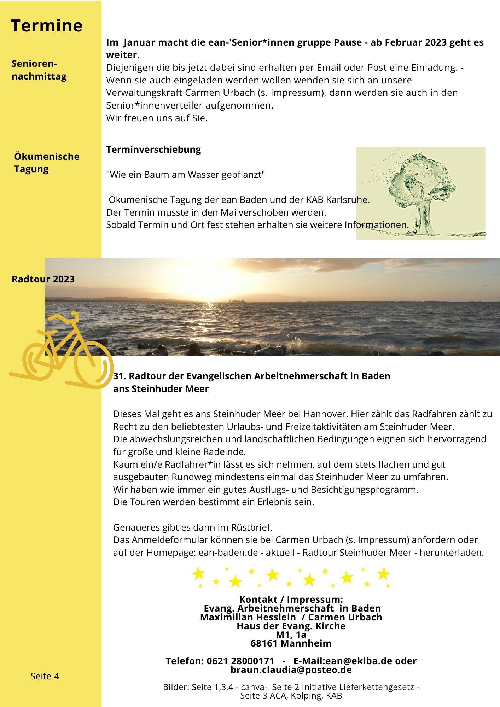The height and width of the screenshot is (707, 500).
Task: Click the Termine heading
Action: (47, 26)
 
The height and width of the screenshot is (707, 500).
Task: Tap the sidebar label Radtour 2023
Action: (43, 279)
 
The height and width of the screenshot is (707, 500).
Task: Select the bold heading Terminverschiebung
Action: (153, 149)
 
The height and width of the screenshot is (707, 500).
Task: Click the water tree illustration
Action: (420, 193)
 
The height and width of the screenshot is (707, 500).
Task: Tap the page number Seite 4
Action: (45, 676)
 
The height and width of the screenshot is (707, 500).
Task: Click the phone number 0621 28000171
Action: (240, 661)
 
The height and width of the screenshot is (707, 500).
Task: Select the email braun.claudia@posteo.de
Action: (291, 670)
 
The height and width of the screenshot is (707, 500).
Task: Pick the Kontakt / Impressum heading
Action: (291, 599)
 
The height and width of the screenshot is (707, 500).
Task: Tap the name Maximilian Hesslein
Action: (248, 617)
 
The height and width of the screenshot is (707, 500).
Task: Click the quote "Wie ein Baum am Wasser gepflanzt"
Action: (186, 175)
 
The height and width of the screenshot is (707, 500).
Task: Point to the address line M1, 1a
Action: (291, 635)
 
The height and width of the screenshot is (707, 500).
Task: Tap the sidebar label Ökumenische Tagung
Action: (47, 163)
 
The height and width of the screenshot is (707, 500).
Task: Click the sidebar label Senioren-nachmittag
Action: (39, 70)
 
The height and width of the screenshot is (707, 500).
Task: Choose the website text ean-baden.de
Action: (228, 552)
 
